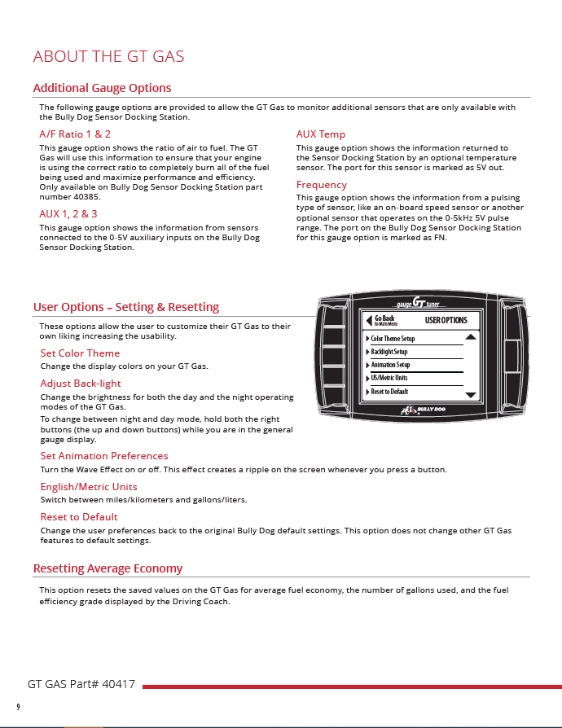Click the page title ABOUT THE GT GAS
(108, 56)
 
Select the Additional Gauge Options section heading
(102, 88)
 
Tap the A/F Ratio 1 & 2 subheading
(75, 134)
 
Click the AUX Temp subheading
(320, 134)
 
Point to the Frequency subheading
(321, 185)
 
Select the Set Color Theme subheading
(80, 353)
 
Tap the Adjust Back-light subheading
(81, 383)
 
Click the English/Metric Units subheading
(89, 486)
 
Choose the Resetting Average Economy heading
(108, 568)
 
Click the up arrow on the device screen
(470, 336)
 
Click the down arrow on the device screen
(470, 395)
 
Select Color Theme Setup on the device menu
(392, 339)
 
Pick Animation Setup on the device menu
(389, 365)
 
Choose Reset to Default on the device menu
(389, 392)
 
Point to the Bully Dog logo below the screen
(423, 410)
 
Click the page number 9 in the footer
(18, 706)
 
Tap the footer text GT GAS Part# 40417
(81, 684)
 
